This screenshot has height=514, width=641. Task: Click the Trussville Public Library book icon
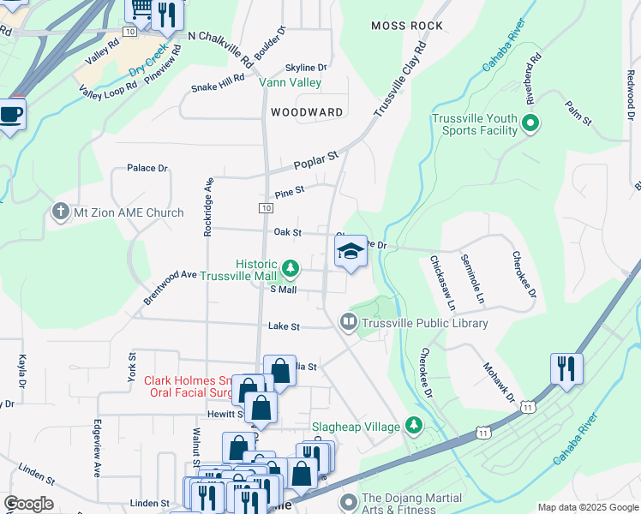pyautogui.click(x=348, y=323)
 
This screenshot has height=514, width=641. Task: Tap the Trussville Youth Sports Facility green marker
pyautogui.click(x=530, y=124)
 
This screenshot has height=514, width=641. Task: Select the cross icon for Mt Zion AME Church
pyautogui.click(x=60, y=212)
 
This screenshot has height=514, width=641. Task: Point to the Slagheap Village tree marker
pyautogui.click(x=414, y=426)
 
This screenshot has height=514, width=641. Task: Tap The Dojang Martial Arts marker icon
pyautogui.click(x=348, y=501)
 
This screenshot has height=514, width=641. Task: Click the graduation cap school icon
pyautogui.click(x=350, y=252)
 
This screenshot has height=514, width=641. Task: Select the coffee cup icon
pyautogui.click(x=10, y=114)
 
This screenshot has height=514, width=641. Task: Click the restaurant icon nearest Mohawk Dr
pyautogui.click(x=566, y=368)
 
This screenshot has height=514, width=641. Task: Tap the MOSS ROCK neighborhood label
pyautogui.click(x=407, y=26)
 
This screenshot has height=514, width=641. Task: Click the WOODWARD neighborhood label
pyautogui.click(x=307, y=112)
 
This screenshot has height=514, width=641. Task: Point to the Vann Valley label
pyautogui.click(x=291, y=83)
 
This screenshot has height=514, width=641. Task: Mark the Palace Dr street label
pyautogui.click(x=147, y=169)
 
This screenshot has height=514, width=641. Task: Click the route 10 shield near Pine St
pyautogui.click(x=267, y=208)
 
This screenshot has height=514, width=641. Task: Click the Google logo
pyautogui.click(x=28, y=504)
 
